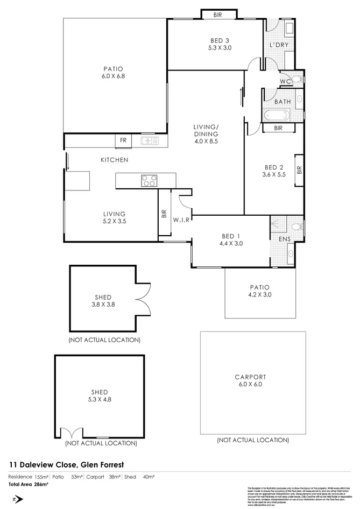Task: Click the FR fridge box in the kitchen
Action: tap(123, 140)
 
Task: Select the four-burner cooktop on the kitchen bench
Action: tap(149, 181)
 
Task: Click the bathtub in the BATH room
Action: tap(276, 115)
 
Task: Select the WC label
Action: tap(285, 81)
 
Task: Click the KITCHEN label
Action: tap(114, 160)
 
